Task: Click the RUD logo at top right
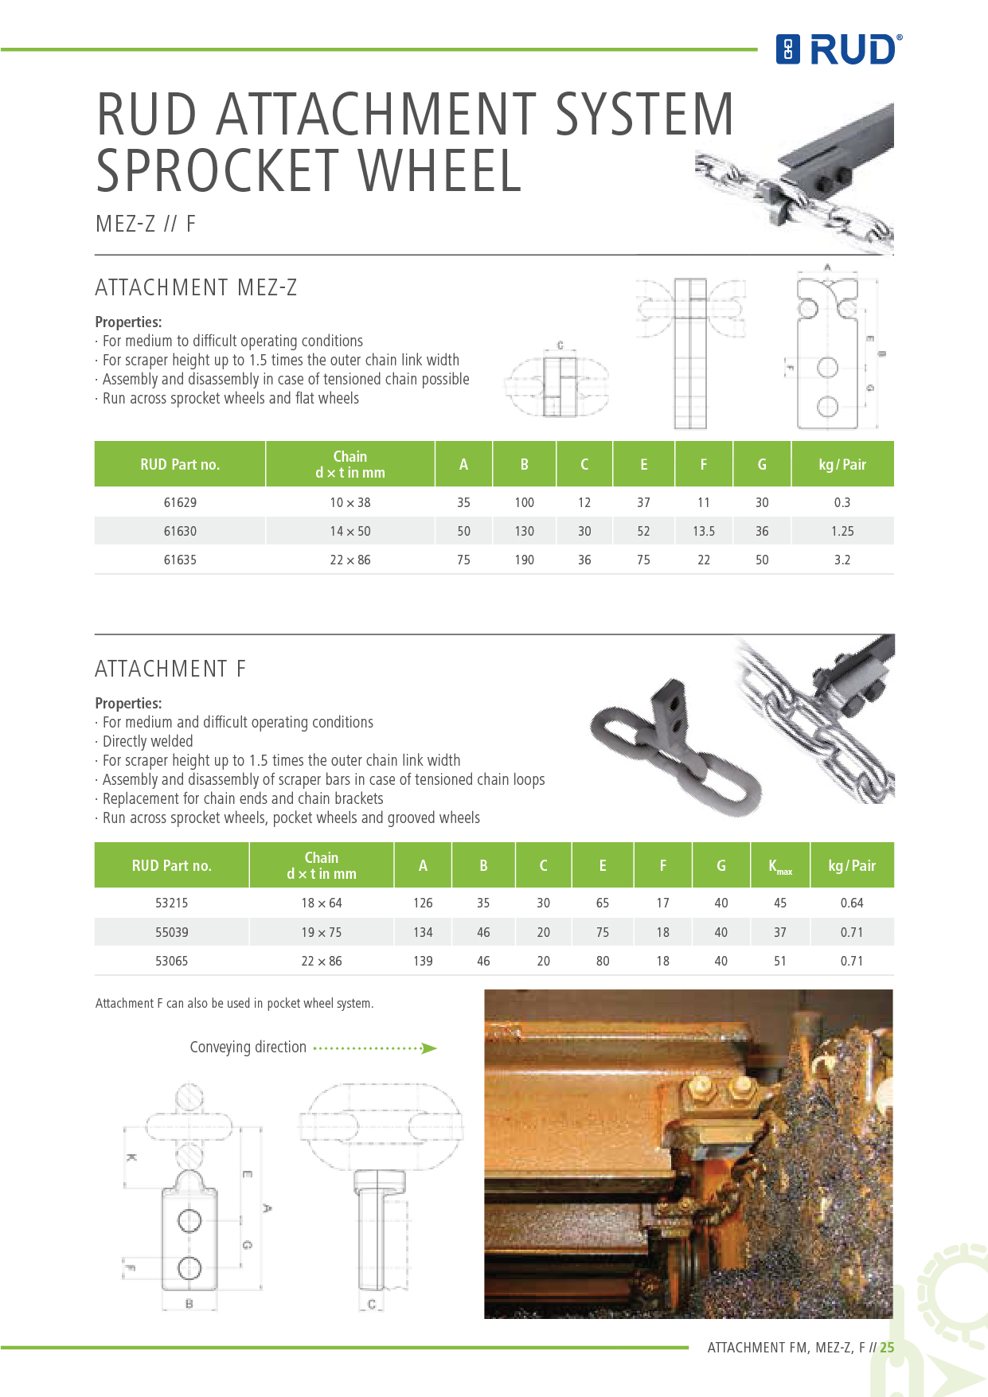838,49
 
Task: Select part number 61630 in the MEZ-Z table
180,531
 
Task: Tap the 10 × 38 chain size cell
350,502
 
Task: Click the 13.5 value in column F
703,531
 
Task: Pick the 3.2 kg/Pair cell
842,560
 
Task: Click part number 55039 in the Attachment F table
171,932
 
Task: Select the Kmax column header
779,866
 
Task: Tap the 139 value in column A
423,961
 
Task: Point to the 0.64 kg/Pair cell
851,903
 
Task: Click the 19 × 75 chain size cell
322,932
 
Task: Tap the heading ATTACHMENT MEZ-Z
196,287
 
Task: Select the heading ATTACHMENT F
170,669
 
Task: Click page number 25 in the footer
887,1348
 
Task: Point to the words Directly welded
148,741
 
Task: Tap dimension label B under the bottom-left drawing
189,1304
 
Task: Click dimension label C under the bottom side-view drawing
372,1304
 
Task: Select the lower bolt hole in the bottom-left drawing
189,1267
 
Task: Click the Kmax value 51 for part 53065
779,961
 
